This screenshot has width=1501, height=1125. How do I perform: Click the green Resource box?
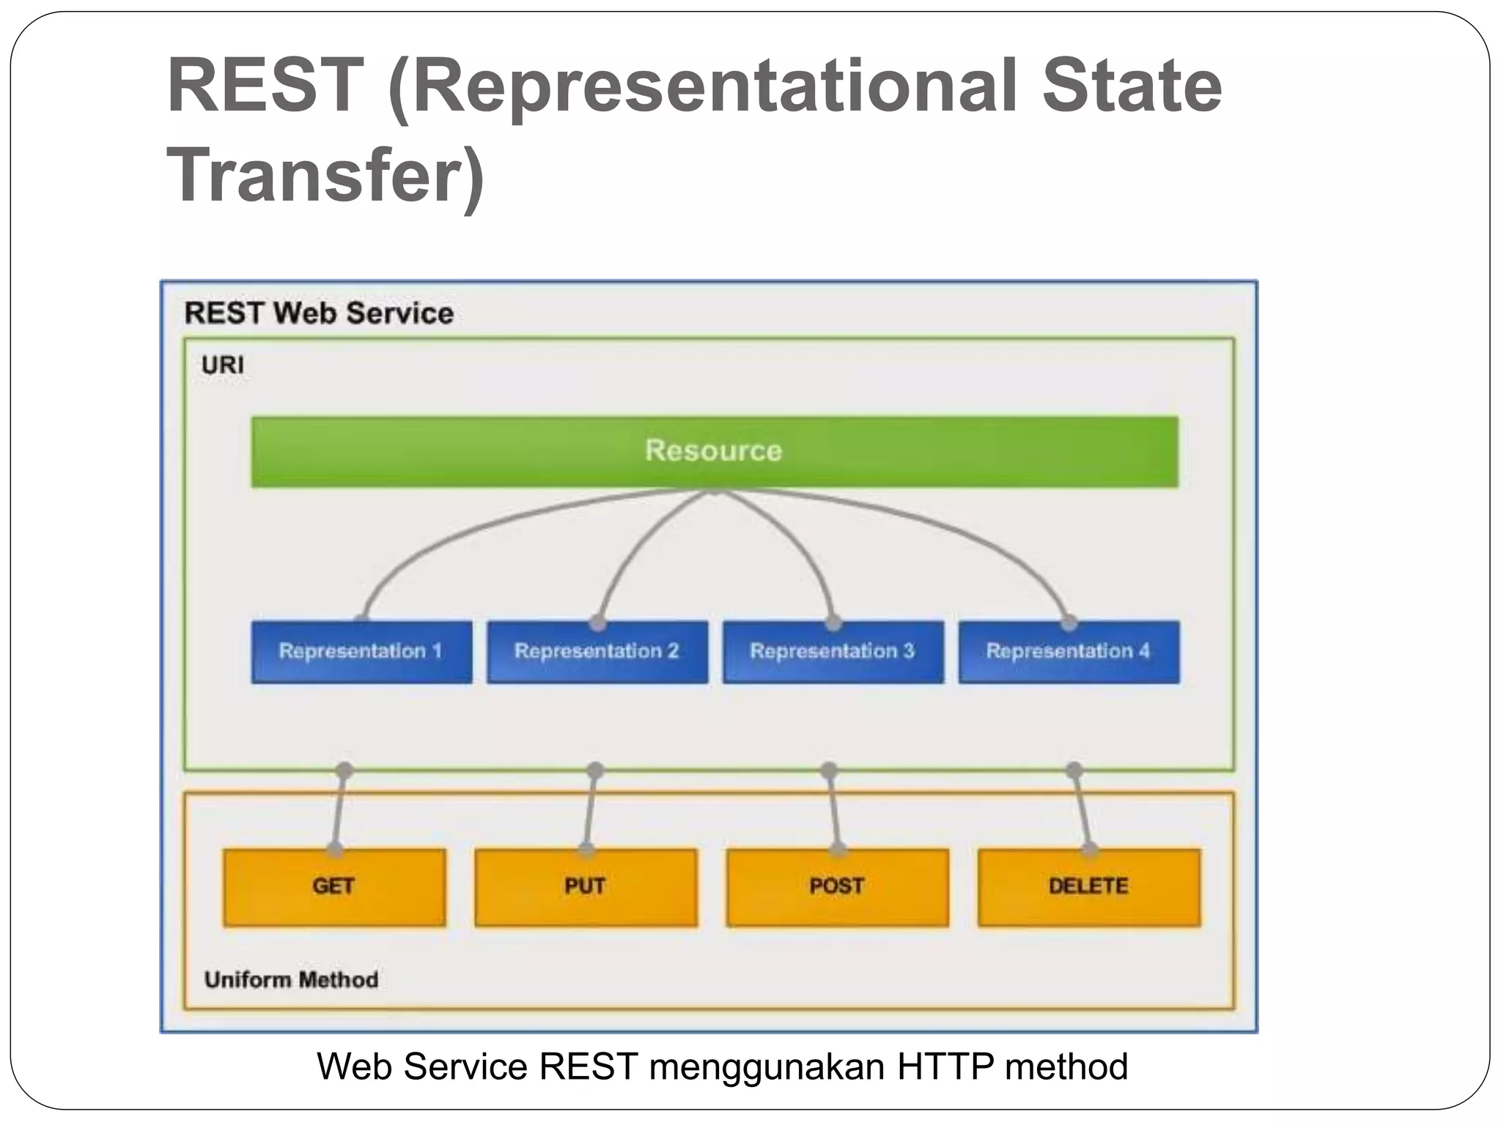[x=714, y=451]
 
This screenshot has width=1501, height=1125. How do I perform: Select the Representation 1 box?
[x=361, y=652]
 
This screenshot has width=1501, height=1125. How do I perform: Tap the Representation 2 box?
[x=597, y=652]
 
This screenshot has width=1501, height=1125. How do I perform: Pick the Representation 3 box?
[x=833, y=652]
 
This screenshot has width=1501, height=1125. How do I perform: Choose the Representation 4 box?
[x=1069, y=652]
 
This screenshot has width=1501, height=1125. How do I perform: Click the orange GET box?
[x=334, y=887]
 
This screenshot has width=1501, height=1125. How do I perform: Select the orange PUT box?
[x=586, y=887]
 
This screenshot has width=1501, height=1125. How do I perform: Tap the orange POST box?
[x=837, y=887]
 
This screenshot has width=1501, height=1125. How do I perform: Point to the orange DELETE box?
[x=1088, y=887]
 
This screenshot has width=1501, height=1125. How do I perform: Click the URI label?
[x=223, y=365]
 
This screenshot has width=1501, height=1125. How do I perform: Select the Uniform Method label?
[x=291, y=980]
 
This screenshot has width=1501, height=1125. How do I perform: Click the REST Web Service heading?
[x=319, y=313]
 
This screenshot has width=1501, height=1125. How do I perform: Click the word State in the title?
[x=1132, y=86]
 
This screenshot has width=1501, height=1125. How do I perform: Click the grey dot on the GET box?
[x=334, y=850]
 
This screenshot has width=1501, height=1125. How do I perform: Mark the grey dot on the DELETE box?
[x=1090, y=850]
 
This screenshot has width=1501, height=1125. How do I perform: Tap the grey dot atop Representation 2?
[x=598, y=623]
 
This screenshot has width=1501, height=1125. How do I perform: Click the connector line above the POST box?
[x=833, y=809]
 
